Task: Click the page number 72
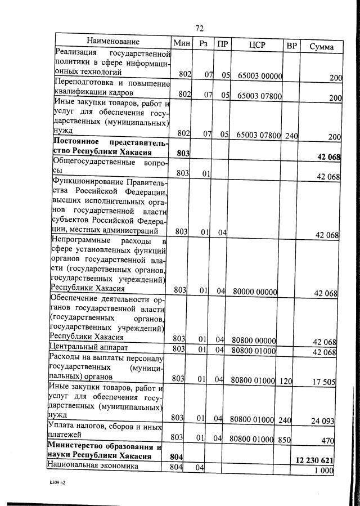point(199,28)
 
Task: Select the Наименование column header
point(112,42)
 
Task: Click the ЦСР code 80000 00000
point(254,290)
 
